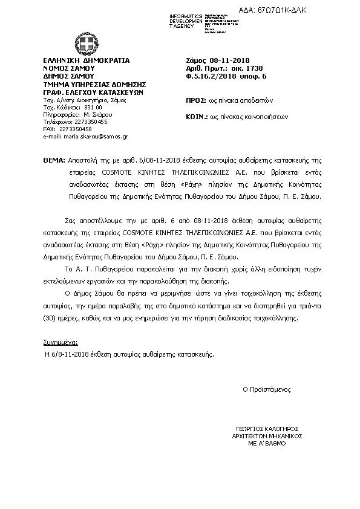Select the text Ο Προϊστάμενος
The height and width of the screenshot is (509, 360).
[267, 389]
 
